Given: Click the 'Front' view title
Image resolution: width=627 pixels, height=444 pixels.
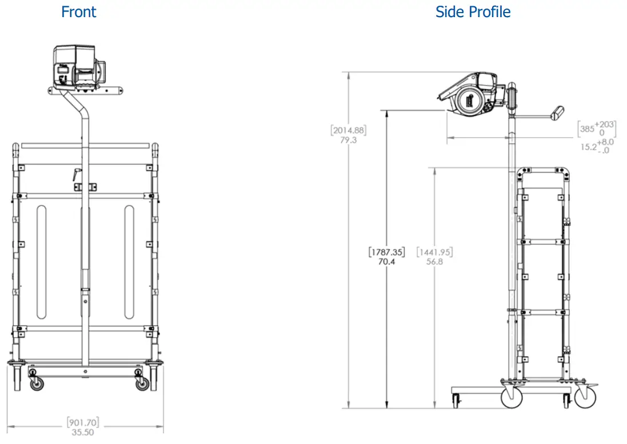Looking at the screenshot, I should pos(79,12).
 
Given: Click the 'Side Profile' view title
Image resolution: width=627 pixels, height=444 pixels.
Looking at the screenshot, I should pos(473,12).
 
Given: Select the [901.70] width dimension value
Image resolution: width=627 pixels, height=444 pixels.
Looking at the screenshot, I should pos(83,422).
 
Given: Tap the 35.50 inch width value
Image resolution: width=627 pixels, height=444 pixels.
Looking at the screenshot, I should pos(83,433).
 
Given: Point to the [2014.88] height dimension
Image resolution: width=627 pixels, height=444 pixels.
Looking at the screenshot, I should pos(349,130).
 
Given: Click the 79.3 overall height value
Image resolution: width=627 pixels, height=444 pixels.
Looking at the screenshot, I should pos(349,140).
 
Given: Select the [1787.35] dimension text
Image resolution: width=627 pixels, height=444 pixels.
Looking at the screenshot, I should pos(387,251).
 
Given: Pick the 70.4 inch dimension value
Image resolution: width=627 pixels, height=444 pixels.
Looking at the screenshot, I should pos(387,261).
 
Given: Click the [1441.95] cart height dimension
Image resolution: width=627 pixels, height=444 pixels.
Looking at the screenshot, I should pos(435,251).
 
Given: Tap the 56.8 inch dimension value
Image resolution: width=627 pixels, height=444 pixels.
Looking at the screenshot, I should pos(435,261).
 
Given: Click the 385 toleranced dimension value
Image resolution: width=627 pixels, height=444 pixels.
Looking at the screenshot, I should pos(587,129).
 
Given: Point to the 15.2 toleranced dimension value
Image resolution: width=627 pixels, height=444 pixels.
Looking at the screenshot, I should pos(588,147).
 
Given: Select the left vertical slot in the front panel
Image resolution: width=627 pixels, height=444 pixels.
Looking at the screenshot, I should pos(41,263).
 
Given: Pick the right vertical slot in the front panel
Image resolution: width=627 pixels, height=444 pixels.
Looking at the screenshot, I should pos(129,263).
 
